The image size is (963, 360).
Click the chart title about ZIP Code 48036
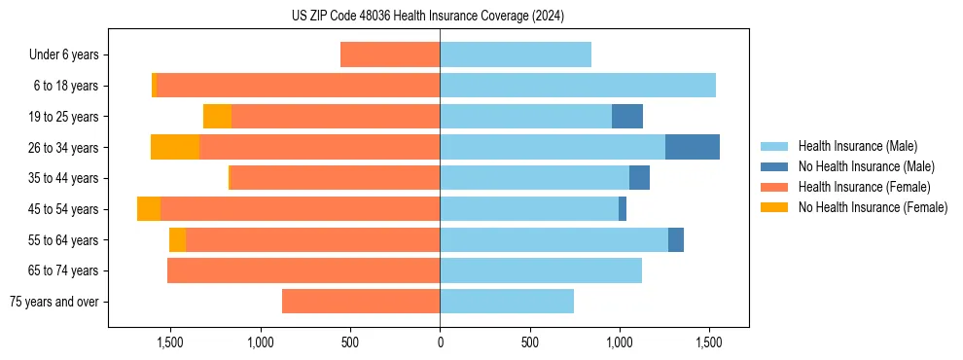click(428, 16)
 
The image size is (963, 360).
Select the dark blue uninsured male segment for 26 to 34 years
click(692, 147)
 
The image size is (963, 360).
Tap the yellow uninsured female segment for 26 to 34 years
click(175, 147)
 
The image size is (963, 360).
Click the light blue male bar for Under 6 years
click(516, 54)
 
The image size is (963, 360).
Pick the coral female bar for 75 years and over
click(361, 302)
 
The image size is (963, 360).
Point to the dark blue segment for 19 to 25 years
click(627, 117)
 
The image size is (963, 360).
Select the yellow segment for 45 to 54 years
click(149, 209)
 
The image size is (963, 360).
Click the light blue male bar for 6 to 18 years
click(578, 86)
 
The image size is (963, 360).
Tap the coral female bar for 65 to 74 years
click(303, 270)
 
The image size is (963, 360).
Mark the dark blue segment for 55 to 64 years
click(675, 239)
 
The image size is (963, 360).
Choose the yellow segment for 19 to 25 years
click(217, 117)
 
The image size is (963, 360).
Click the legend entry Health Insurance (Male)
click(857, 146)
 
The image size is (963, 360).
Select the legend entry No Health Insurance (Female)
click(873, 207)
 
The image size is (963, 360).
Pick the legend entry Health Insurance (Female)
click(864, 187)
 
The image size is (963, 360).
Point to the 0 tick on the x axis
click(440, 342)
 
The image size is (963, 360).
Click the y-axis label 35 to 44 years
click(63, 178)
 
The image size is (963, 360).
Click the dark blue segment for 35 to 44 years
click(639, 178)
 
